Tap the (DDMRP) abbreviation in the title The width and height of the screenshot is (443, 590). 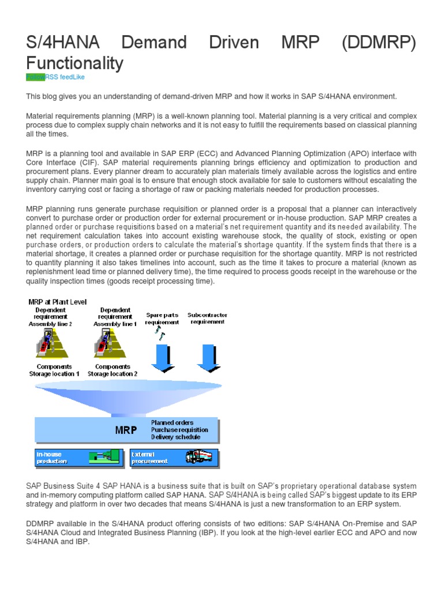(x=378, y=42)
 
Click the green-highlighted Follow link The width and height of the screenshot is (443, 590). (x=35, y=77)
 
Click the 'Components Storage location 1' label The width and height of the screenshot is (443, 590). (x=55, y=370)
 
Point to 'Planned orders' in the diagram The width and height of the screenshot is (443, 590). (x=172, y=422)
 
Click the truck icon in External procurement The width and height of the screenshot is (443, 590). (x=198, y=457)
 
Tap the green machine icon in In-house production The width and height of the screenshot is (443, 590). (x=104, y=457)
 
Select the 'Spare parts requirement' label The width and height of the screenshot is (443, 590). (x=162, y=319)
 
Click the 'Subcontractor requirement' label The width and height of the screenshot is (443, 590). (x=208, y=319)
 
